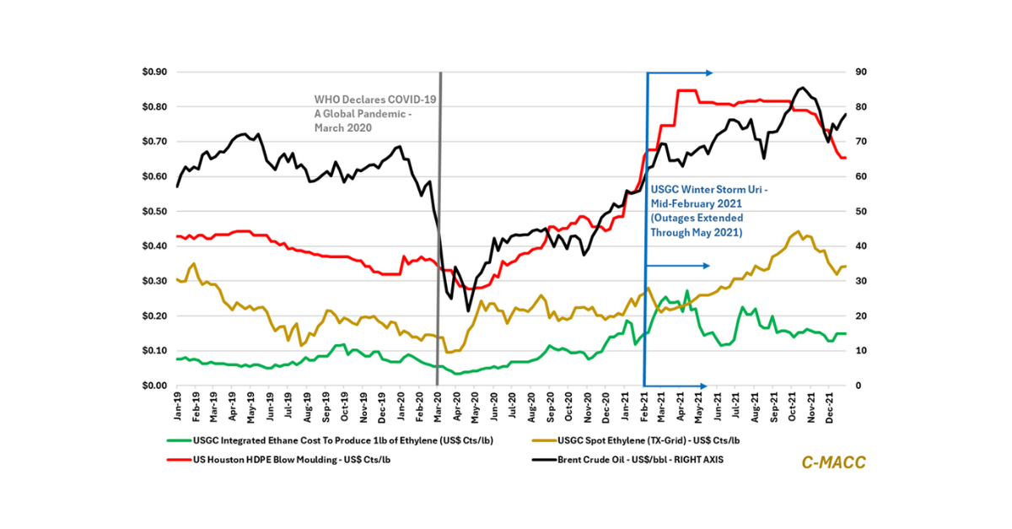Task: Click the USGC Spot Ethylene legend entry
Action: pyautogui.click(x=642, y=440)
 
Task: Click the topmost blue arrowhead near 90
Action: pyautogui.click(x=709, y=73)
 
